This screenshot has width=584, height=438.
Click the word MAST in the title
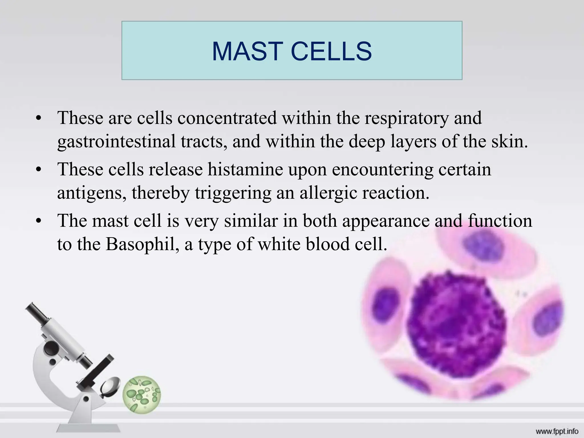point(247,51)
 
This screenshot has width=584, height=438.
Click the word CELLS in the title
point(331,51)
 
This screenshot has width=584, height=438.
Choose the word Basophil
point(142,244)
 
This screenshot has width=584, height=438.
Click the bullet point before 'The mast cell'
point(39,222)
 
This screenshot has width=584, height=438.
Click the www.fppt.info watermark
point(557,431)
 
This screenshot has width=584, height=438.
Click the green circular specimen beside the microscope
point(141,394)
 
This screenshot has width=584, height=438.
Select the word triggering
point(233,193)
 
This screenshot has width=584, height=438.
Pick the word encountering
point(382,169)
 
